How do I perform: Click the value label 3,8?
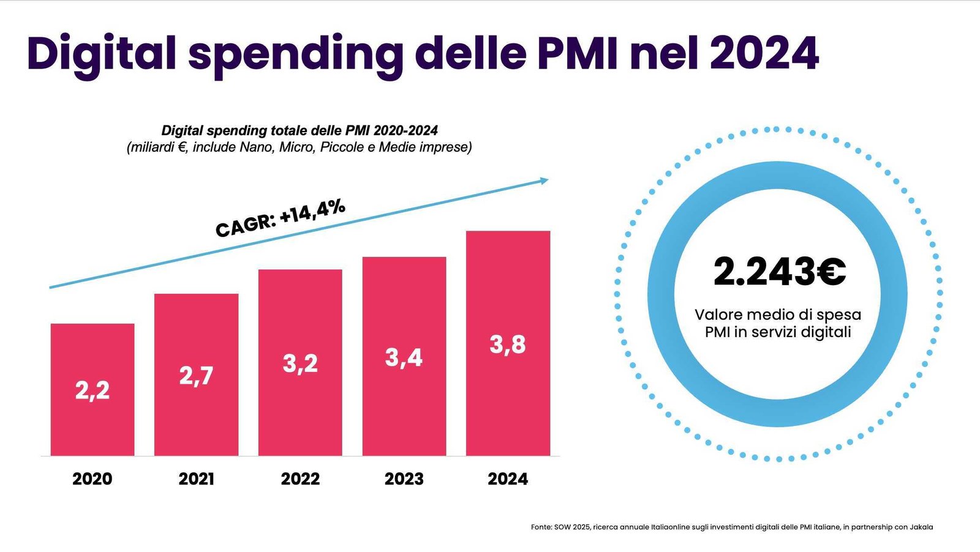coord(508,345)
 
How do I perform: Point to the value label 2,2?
coord(92,390)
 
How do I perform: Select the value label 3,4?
coord(404,357)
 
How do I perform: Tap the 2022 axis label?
coord(300,479)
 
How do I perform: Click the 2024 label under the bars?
coord(508,479)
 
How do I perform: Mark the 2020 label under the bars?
coord(92,479)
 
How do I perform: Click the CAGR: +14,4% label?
coord(281,218)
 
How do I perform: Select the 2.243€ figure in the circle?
coord(779,272)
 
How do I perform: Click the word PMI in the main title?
coord(579,54)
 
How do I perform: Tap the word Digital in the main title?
coord(102,54)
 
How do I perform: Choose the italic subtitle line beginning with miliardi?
coord(300,147)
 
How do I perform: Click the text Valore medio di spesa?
coord(778,315)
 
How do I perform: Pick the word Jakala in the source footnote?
coord(921,527)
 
